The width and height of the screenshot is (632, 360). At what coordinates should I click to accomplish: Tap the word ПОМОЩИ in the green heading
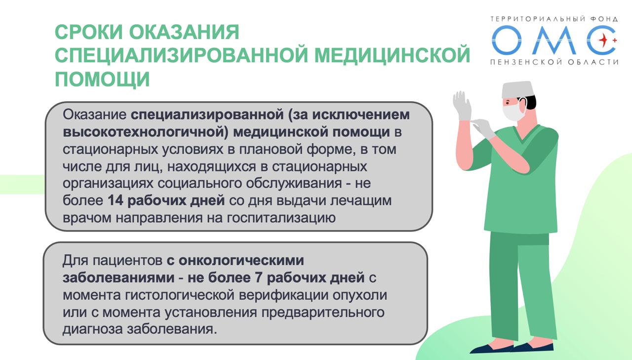[x=102, y=79]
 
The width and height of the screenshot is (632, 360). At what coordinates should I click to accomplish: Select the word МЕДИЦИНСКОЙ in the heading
[x=392, y=55]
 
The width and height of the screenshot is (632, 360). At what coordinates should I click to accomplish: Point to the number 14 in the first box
[x=116, y=200]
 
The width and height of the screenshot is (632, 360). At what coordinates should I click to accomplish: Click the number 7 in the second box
[x=259, y=278]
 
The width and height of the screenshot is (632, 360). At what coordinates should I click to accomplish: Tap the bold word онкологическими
[x=241, y=260]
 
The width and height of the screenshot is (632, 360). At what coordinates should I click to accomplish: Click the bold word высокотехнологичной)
[x=145, y=132]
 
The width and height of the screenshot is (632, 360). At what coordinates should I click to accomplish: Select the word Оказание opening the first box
[x=94, y=115]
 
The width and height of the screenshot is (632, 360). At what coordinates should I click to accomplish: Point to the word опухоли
[x=360, y=295]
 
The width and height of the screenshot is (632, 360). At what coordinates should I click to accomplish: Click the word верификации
[x=283, y=295]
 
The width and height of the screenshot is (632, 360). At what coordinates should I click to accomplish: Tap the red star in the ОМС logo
[x=603, y=40]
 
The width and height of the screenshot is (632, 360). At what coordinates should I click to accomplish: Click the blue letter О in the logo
[x=508, y=40]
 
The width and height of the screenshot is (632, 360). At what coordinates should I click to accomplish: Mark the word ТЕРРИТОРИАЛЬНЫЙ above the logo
[x=536, y=19]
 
